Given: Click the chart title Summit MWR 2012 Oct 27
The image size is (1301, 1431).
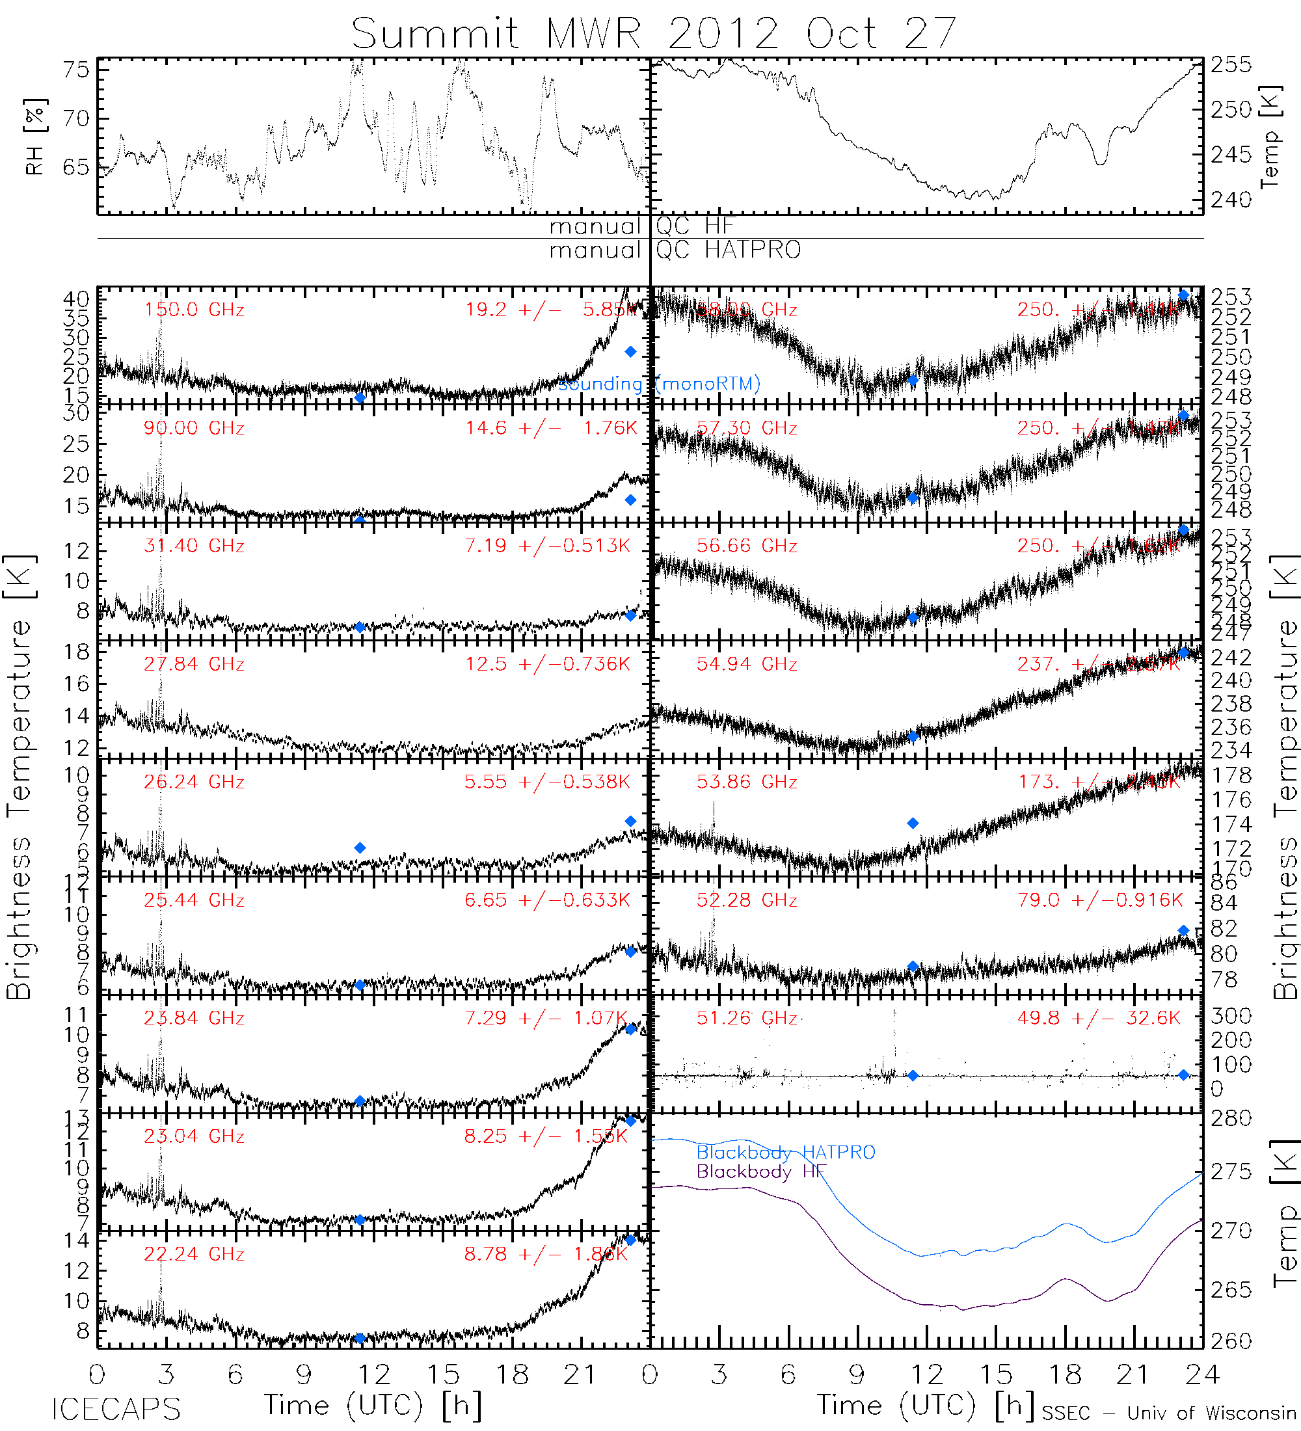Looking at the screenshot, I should coord(654,33).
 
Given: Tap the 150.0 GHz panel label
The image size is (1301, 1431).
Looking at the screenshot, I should coord(194,310).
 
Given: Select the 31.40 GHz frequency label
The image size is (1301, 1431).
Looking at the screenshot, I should coord(194,546).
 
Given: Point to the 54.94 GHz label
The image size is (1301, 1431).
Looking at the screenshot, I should coord(746,664).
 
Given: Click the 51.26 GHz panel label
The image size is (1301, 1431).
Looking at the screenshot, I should coord(746,1018).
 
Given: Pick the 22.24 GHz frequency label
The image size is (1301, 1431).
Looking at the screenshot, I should coord(194,1254).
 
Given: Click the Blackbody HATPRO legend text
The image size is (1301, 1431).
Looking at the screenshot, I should coord(786,1152).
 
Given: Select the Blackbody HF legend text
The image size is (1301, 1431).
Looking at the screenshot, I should coord(761,1171).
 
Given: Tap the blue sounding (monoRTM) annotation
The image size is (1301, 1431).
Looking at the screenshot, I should coord(659,384).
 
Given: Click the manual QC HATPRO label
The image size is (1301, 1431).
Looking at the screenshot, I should coord(675,250).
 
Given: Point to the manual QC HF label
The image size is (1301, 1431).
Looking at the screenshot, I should coord(641,226).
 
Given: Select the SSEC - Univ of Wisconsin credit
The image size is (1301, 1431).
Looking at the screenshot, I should coord(1168,1413).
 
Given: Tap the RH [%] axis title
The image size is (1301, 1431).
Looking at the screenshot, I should coord(34,137).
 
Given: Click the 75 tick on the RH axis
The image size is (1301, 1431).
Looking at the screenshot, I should coord(76,70).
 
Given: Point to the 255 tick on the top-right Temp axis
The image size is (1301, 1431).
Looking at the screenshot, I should coord(1231,65).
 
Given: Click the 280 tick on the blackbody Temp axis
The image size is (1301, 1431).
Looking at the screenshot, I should coord(1231,1119).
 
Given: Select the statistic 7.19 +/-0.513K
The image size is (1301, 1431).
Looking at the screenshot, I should coord(546,546).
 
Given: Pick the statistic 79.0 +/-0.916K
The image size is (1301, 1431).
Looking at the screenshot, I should coord(1099,900).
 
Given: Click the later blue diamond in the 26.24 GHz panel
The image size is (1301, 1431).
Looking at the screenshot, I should coord(630,822).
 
